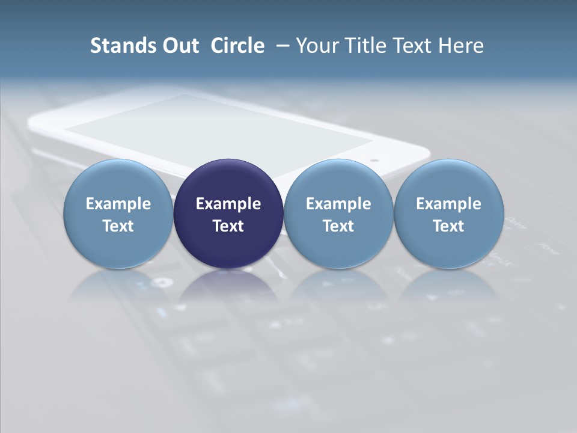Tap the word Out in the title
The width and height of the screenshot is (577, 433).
click(179, 46)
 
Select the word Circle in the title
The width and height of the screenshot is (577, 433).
click(237, 46)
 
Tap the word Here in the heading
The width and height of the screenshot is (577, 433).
click(460, 46)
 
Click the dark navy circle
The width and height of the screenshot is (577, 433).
click(228, 180)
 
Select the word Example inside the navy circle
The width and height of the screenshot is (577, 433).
click(228, 204)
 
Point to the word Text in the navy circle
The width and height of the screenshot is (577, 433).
click(228, 226)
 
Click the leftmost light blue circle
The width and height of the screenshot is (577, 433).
click(118, 180)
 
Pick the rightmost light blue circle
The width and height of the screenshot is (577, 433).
click(448, 180)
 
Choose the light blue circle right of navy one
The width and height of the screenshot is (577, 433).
click(338, 180)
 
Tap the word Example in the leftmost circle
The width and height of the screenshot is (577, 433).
click(118, 204)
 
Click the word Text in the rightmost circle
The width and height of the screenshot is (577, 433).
click(448, 226)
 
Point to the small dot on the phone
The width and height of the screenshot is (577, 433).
click(375, 161)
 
